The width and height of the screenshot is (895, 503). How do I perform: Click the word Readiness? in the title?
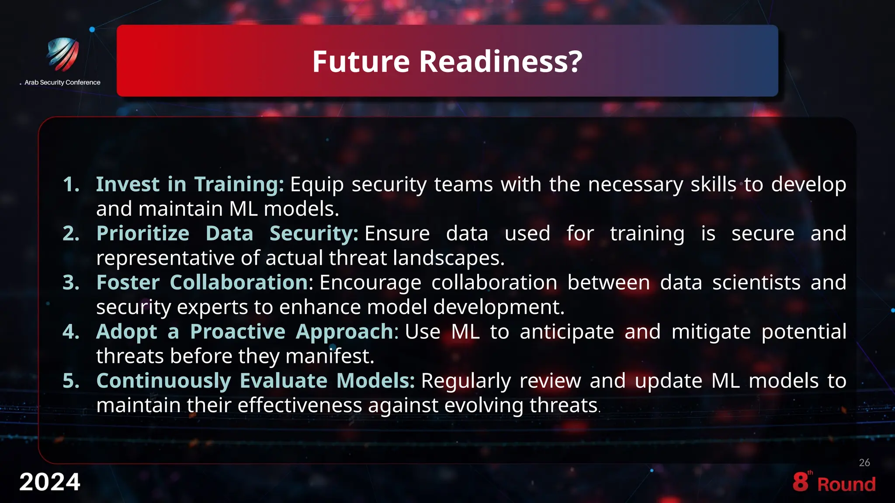501,61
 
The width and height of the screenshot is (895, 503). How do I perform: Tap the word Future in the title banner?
361,61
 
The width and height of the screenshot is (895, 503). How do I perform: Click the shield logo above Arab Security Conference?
63,55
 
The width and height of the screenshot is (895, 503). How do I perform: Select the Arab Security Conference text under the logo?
62,83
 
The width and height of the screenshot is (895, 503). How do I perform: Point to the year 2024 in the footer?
49,482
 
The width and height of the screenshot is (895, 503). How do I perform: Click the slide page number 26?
864,463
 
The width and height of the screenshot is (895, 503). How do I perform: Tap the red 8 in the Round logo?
800,482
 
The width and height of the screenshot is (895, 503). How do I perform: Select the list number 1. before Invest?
71,184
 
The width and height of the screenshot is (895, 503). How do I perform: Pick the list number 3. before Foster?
71,283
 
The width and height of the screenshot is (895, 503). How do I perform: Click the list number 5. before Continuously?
71,381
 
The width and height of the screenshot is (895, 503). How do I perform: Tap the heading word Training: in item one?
239,184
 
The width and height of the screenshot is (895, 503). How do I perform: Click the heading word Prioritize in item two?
143,234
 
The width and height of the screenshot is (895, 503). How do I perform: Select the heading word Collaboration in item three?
239,283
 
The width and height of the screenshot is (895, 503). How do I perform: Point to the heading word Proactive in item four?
238,332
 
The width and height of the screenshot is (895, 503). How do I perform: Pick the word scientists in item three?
756,283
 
